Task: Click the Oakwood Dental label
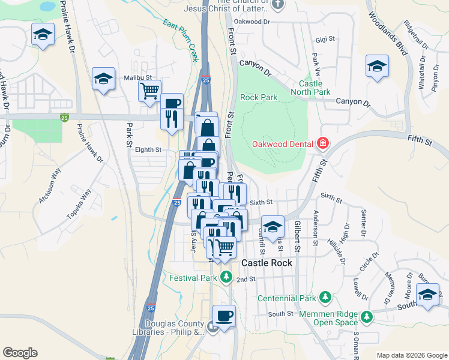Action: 283,144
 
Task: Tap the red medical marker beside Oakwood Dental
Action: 323,143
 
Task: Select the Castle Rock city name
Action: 267,263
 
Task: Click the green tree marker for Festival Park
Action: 226,277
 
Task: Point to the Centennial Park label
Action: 286,298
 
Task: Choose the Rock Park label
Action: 259,97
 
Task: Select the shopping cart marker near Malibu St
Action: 149,92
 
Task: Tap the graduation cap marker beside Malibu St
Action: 103,79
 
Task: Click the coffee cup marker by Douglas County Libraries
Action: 224,316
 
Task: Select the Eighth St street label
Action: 149,149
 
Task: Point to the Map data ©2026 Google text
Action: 411,355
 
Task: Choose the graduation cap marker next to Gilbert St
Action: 273,226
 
